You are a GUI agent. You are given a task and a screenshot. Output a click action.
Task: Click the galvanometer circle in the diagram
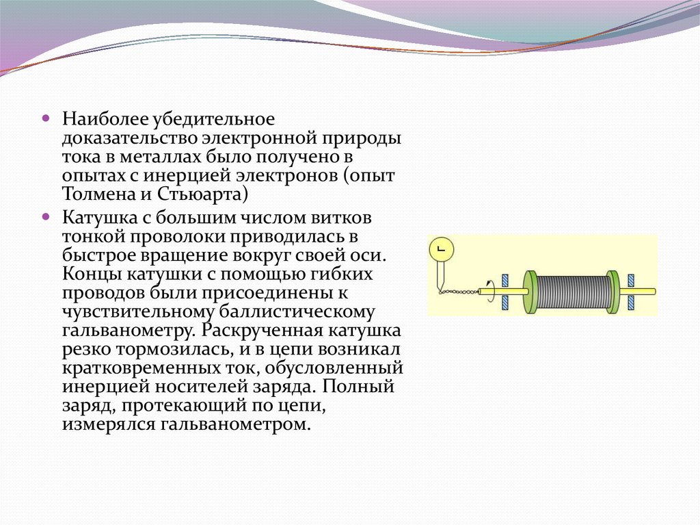pyautogui.click(x=442, y=251)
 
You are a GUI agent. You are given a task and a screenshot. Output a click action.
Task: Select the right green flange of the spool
pyautogui.click(x=613, y=292)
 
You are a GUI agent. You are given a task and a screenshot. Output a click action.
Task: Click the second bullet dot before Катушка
pyautogui.click(x=46, y=216)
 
